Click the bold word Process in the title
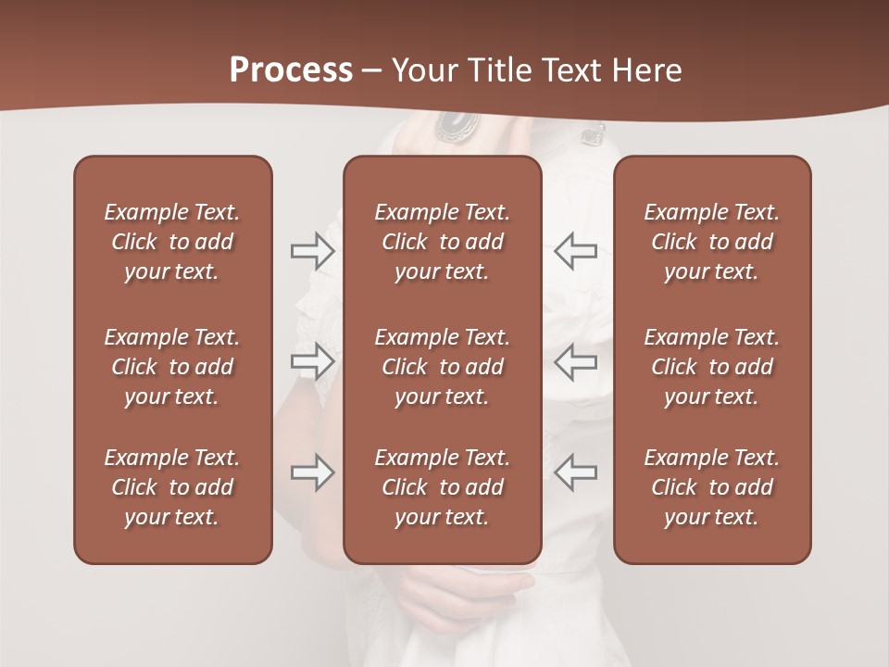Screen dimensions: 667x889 coord(291,70)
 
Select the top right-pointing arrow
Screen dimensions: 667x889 coord(313,251)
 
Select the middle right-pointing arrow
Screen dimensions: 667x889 coord(313,361)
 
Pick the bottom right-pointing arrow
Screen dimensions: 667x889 coord(313,472)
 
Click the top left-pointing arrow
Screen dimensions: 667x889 coord(575,251)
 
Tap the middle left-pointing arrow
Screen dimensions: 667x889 coord(575,361)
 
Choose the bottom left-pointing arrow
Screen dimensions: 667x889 coord(575,472)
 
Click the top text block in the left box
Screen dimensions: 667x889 coord(172,242)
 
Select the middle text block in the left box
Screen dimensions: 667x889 coord(172,367)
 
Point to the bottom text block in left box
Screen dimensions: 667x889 coord(172,487)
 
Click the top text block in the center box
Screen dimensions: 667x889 coord(442,242)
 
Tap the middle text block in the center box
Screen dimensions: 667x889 coord(442,367)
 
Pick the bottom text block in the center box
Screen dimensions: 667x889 coord(442,487)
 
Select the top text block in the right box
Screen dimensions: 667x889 coord(711,242)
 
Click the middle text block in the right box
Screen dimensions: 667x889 coord(711,367)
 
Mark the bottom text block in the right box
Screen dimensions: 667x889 coord(711,487)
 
